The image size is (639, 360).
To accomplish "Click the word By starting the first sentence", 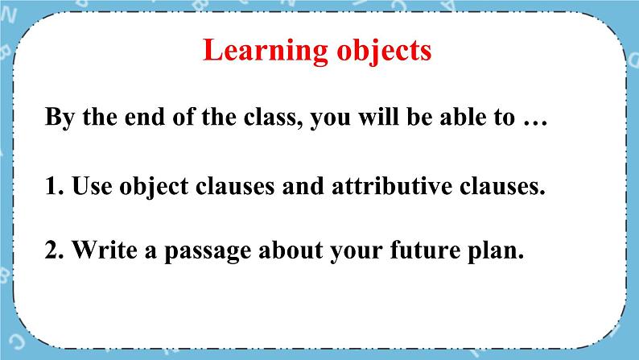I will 59,118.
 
